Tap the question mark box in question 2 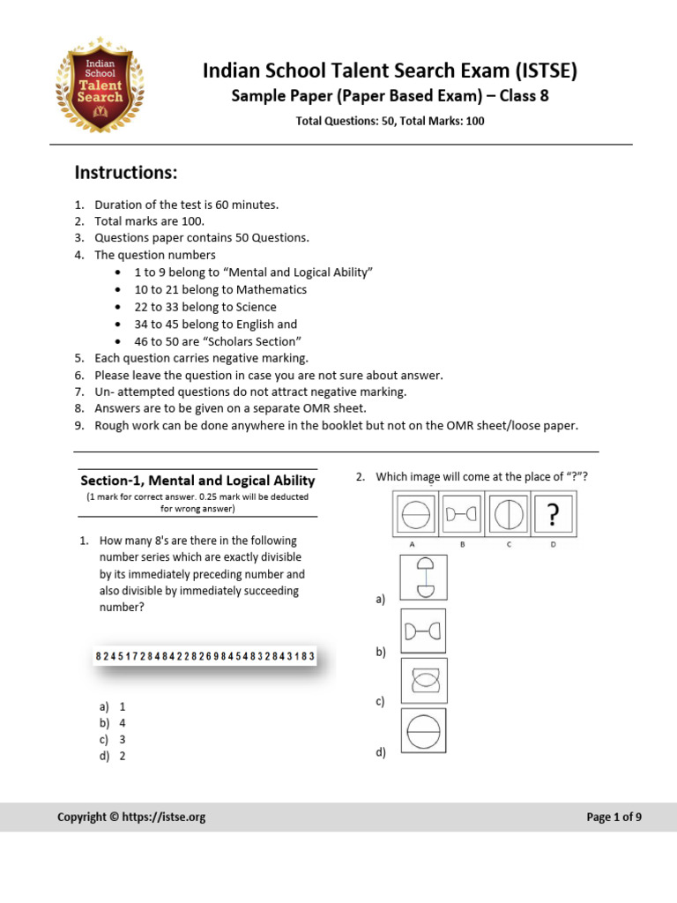(553, 514)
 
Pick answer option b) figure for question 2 (423, 631)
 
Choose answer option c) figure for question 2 (423, 680)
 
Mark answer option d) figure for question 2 (423, 730)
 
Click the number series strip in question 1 (205, 657)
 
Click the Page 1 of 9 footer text (614, 817)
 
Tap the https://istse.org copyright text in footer (130, 817)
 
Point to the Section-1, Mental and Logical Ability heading (197, 481)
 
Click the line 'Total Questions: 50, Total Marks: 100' (390, 121)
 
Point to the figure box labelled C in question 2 (507, 513)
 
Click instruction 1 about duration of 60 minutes (186, 205)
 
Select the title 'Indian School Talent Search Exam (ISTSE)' (390, 71)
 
